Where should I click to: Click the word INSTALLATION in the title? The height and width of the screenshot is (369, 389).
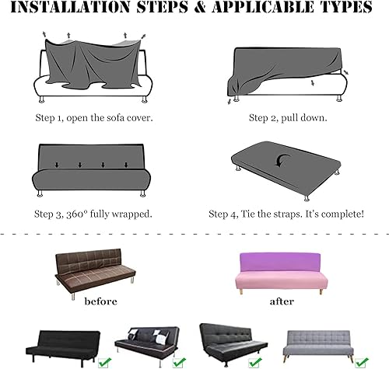click(x=71, y=7)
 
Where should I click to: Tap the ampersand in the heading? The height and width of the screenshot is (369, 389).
click(x=200, y=7)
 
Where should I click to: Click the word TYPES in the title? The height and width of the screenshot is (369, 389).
click(x=347, y=7)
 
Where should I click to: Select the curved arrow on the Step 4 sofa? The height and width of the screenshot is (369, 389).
click(x=283, y=160)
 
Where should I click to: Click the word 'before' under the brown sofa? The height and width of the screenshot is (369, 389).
click(x=101, y=301)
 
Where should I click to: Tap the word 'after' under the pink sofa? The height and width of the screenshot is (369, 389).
click(x=282, y=301)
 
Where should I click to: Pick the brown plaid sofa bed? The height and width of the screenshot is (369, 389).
click(x=95, y=273)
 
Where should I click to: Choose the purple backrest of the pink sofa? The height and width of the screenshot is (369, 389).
click(x=280, y=263)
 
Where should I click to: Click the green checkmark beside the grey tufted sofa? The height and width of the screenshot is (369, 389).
click(x=362, y=362)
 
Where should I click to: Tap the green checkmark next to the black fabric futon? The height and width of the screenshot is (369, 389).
click(x=105, y=362)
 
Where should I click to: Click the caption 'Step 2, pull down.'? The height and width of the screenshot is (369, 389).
click(x=288, y=118)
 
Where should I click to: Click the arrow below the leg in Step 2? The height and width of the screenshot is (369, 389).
click(x=230, y=101)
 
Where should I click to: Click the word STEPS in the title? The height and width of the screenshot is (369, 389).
click(x=162, y=7)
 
